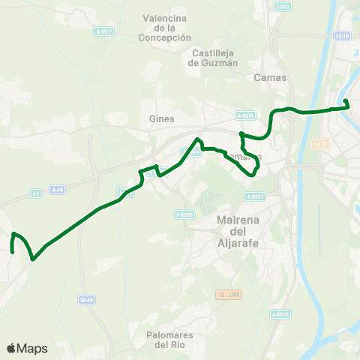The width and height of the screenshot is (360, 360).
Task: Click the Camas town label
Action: [270, 77]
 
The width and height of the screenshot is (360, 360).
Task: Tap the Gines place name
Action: [162, 118]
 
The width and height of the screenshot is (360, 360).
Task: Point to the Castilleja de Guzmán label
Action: [214, 58]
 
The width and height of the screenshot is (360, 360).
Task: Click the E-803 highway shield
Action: [282, 7]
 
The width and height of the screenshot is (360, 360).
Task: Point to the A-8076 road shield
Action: [245, 115]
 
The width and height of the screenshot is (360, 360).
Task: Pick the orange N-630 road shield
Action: [320, 144]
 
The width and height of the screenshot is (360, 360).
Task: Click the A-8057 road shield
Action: [255, 196]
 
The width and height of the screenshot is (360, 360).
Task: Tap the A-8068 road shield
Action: [184, 214]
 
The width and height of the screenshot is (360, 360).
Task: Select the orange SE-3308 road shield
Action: [225, 294]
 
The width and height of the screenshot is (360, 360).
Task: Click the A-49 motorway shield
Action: [58, 190]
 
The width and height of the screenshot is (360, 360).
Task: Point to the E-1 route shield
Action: [35, 193]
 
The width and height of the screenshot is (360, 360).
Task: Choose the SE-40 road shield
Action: [86, 299]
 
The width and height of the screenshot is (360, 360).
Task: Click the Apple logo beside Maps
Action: [11, 348]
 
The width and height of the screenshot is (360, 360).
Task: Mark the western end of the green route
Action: [13, 251]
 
